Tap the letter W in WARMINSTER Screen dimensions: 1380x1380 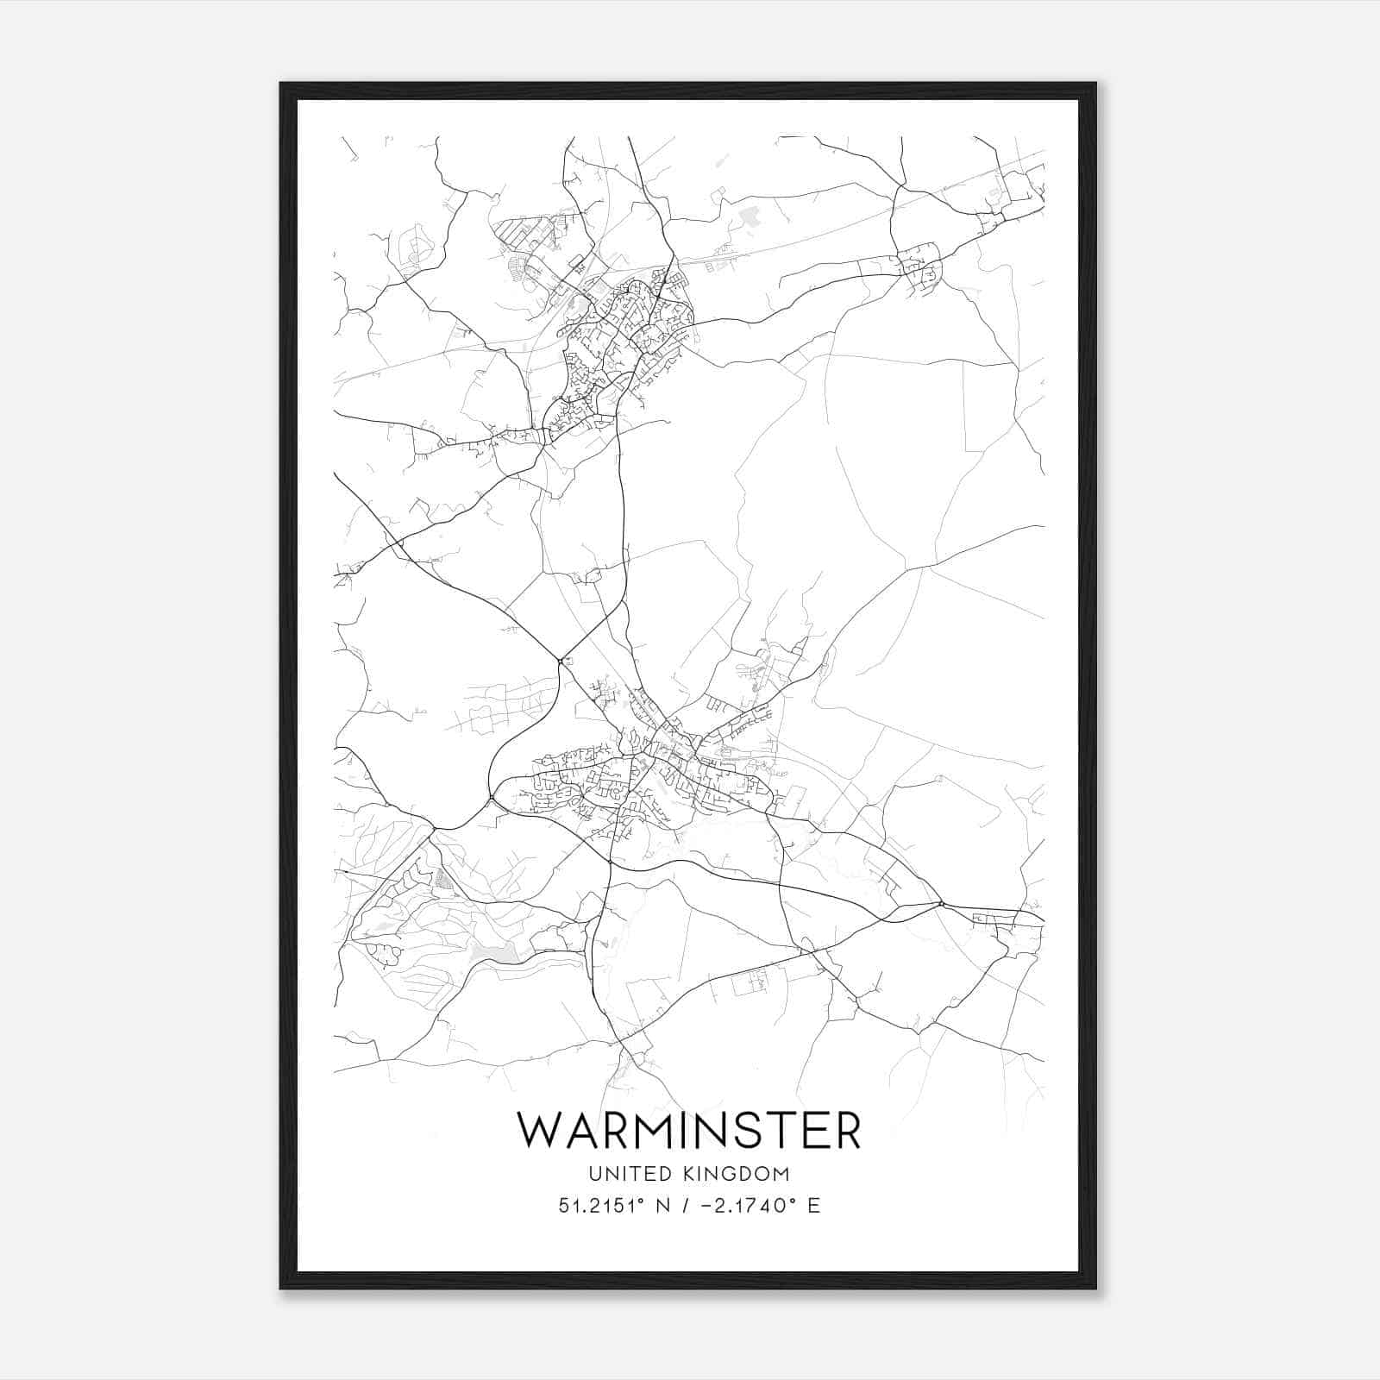pyautogui.click(x=540, y=1130)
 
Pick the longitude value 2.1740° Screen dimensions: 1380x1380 pyautogui.click(x=760, y=1206)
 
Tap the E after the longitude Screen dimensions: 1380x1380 pyautogui.click(x=813, y=1206)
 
